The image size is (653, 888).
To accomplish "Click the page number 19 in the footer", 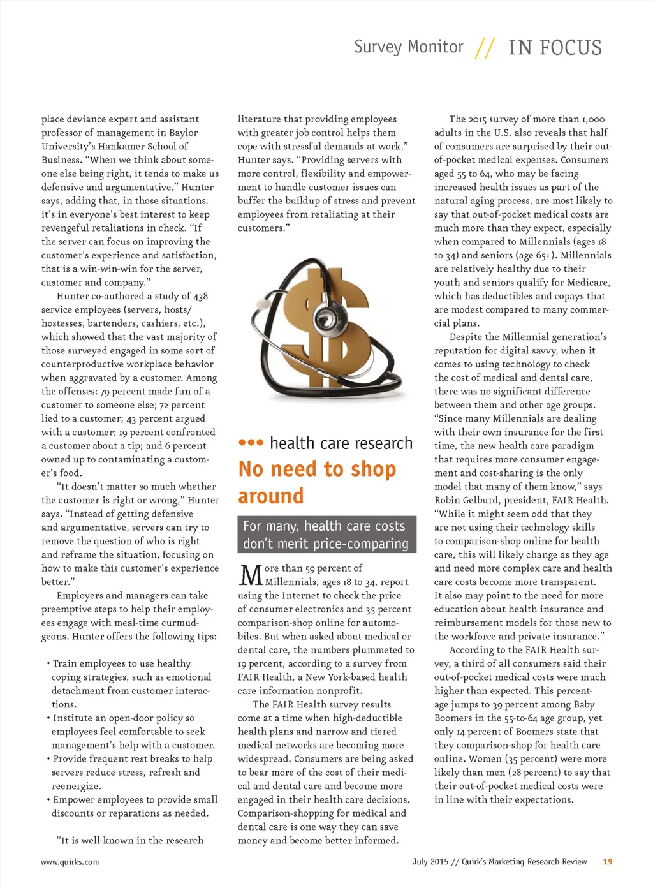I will (x=607, y=861).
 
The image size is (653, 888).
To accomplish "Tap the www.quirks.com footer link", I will (x=70, y=862).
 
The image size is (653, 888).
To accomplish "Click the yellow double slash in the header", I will (x=485, y=48).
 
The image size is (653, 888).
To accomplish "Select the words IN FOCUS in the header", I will (x=555, y=48).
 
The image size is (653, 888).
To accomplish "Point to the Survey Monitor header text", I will (x=408, y=47).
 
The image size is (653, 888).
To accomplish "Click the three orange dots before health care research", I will (x=251, y=443).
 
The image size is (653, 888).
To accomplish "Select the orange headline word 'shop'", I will (x=373, y=470).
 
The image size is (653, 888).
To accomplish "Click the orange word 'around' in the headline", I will (x=271, y=496).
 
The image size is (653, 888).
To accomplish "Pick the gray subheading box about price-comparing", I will (x=326, y=535).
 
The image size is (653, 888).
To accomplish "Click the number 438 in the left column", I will (x=200, y=296).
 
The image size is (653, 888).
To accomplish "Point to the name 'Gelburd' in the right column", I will (x=477, y=500).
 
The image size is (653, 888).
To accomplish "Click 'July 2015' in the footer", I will (x=430, y=862).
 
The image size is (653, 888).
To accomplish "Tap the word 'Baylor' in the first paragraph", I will (x=184, y=133).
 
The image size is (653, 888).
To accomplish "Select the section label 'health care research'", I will (x=341, y=443).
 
